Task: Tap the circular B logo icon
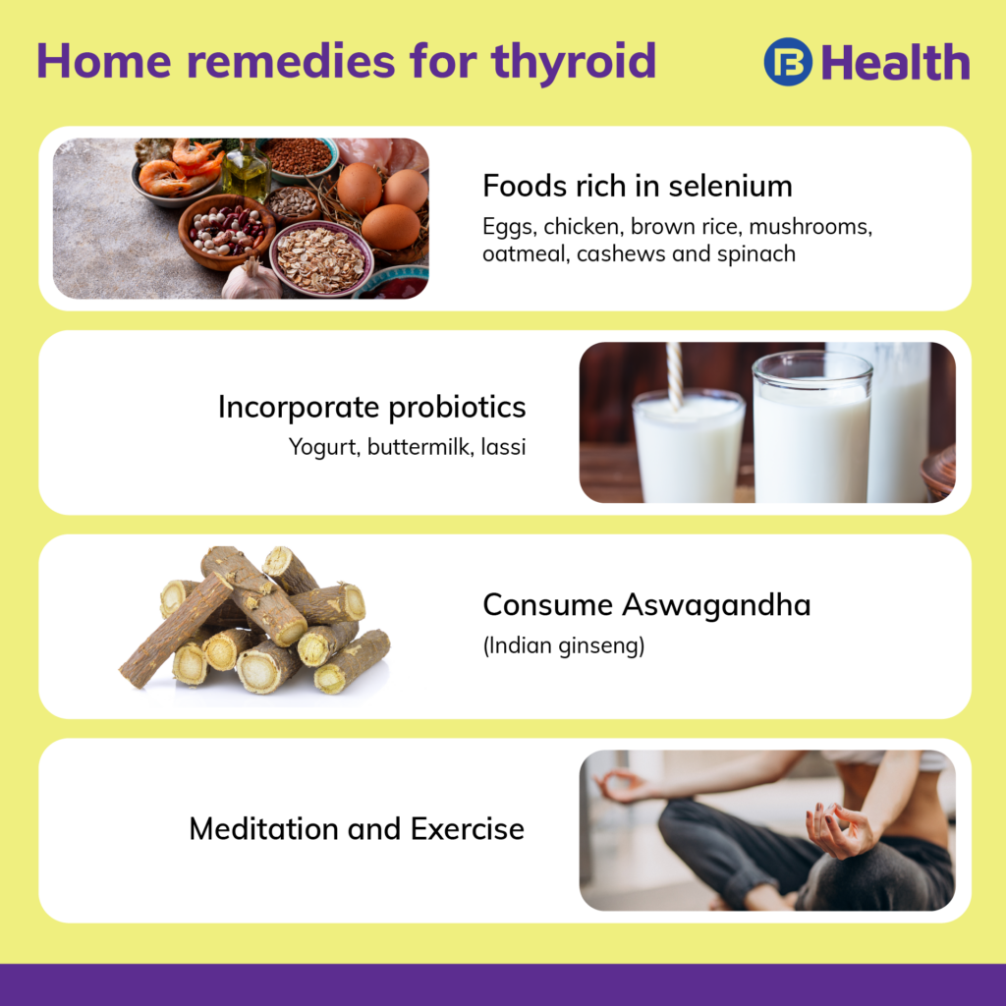[788, 62]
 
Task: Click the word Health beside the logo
[895, 63]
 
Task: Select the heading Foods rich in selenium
[638, 186]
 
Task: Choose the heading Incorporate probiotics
[371, 407]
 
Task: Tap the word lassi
[502, 447]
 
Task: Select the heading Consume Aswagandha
[646, 605]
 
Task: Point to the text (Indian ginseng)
[563, 648]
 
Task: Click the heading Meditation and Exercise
[357, 828]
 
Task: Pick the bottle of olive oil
[245, 172]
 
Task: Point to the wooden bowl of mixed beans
[226, 231]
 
